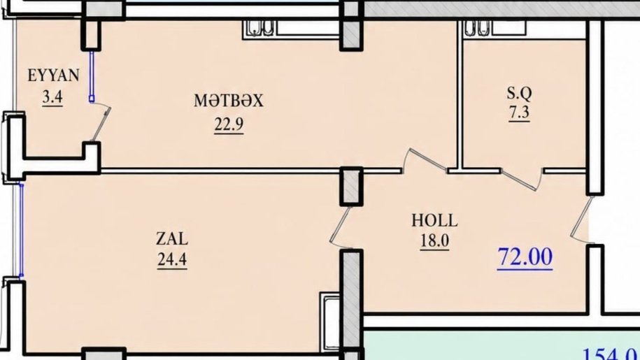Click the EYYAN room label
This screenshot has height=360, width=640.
coord(53,75)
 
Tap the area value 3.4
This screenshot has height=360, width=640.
coord(52,97)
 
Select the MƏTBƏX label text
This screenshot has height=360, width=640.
coord(229,100)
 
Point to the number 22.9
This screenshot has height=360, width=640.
coord(229,124)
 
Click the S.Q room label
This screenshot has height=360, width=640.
coord(519,94)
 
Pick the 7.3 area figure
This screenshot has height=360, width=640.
coord(519,113)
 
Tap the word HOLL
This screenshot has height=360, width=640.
coord(434,221)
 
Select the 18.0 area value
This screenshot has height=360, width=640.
coord(434,241)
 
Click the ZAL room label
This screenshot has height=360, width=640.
coord(172,239)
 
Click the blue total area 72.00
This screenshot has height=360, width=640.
coord(525,257)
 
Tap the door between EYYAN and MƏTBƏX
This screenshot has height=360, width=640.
coord(101,122)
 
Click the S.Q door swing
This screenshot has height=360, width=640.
coord(522,180)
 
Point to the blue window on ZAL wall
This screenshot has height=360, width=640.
coord(21,231)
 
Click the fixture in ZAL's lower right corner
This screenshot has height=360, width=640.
coord(330,322)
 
